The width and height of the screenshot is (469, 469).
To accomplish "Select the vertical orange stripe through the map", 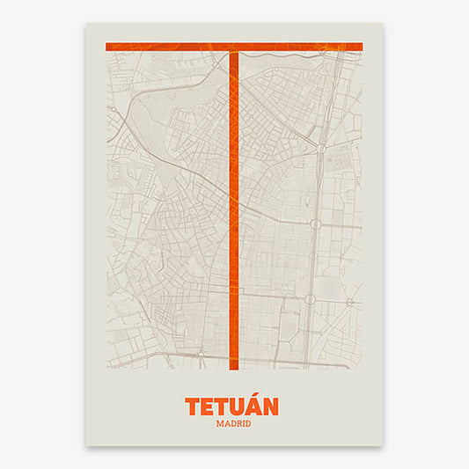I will (234, 211).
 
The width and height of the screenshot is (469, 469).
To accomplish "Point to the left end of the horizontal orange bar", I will (108, 47).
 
